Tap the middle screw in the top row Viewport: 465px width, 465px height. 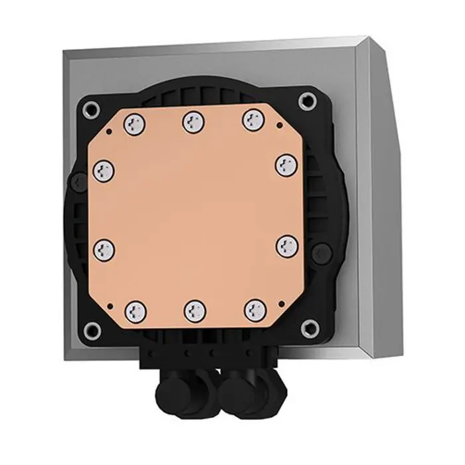click(193, 121)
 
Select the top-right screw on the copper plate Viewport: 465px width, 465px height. click(252, 120)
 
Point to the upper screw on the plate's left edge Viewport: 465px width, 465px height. click(103, 170)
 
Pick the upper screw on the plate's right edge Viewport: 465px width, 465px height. click(286, 163)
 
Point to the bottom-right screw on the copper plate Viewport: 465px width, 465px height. click(254, 308)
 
